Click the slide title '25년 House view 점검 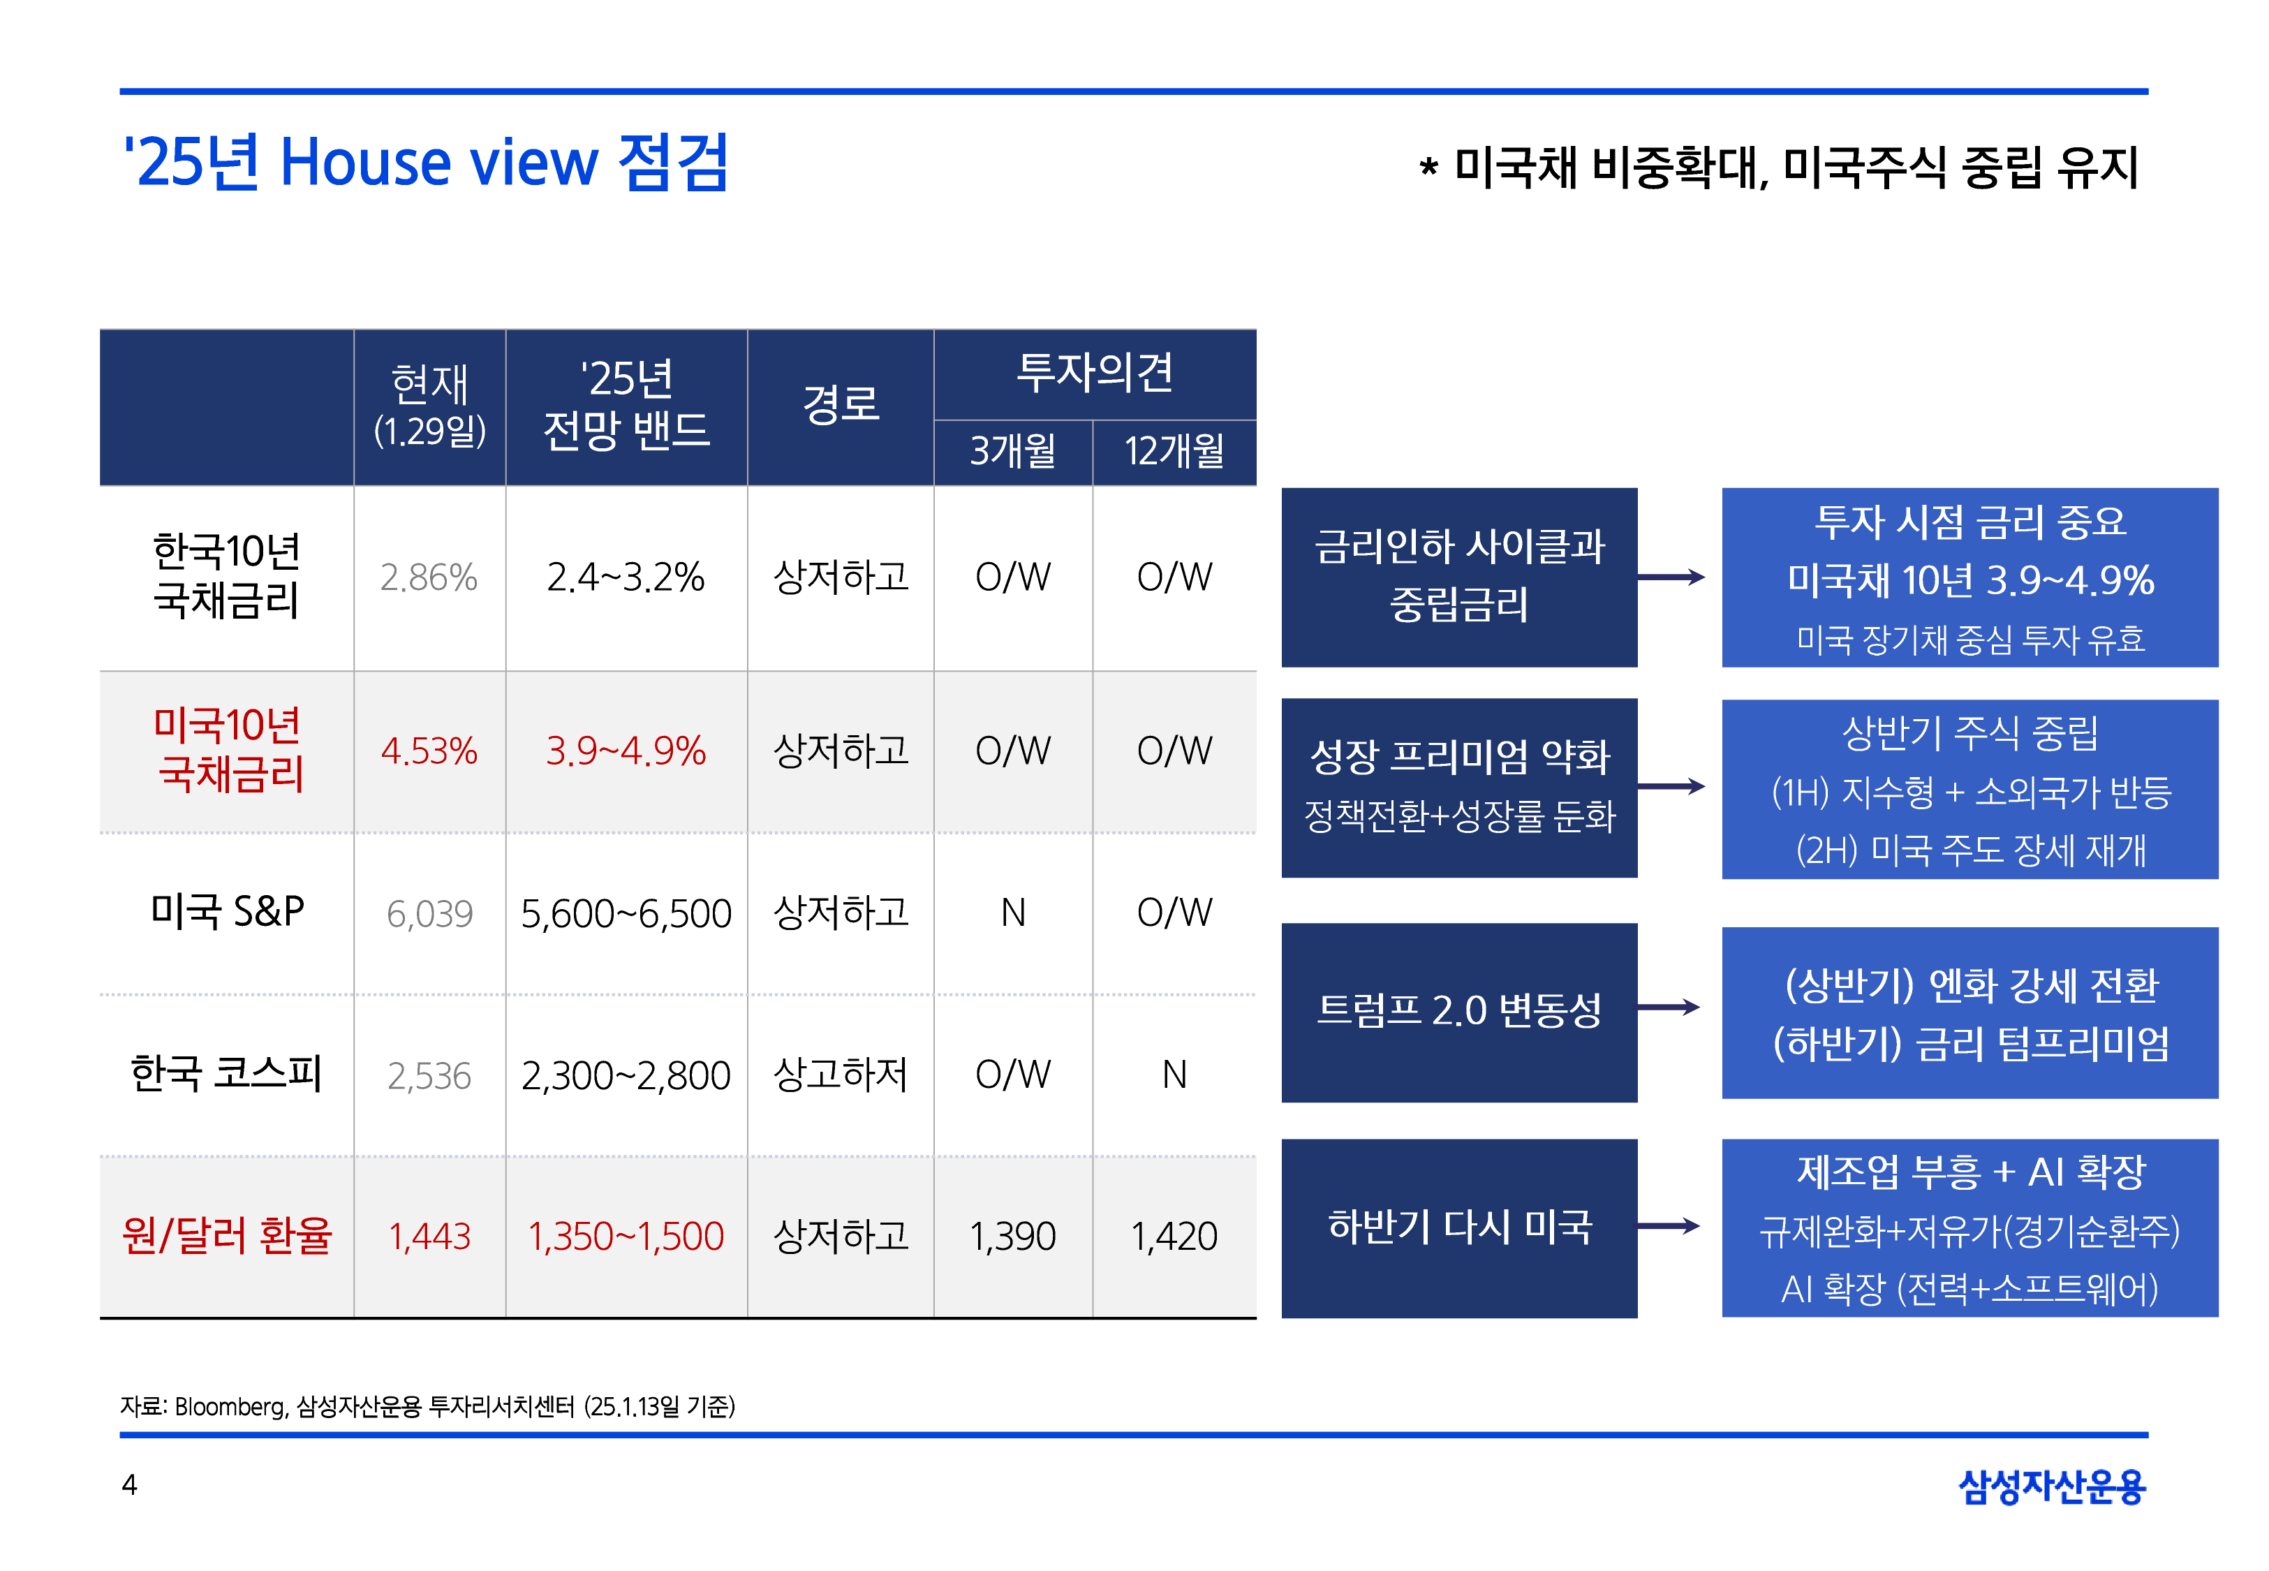pyautogui.click(x=425, y=163)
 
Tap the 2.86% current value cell pyautogui.click(x=429, y=578)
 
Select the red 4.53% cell pyautogui.click(x=429, y=751)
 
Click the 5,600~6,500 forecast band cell pyautogui.click(x=626, y=913)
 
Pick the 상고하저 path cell pyautogui.click(x=841, y=1075)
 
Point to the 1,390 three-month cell pyautogui.click(x=1012, y=1237)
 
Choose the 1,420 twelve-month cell pyautogui.click(x=1174, y=1237)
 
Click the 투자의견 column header pyautogui.click(x=1094, y=373)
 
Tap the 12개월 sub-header pyautogui.click(x=1174, y=452)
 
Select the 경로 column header pyautogui.click(x=841, y=404)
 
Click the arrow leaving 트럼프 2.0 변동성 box pyautogui.click(x=1670, y=1007)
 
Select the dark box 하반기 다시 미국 pyautogui.click(x=1459, y=1227)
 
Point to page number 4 pyautogui.click(x=129, y=1484)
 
